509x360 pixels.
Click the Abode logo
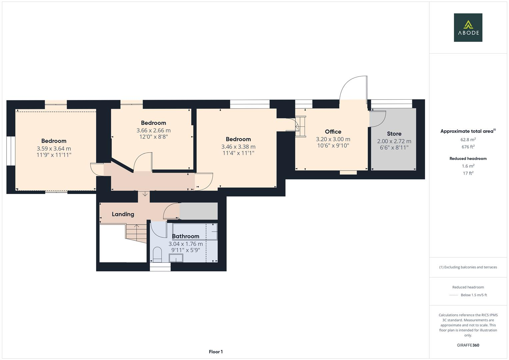coord(468,28)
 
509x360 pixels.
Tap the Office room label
coord(333,132)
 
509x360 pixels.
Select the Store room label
coord(394,134)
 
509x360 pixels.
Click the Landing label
coord(123,214)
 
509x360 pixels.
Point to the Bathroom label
coord(186,236)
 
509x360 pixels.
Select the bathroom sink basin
coord(176,258)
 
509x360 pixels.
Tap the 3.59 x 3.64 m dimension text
coord(54,149)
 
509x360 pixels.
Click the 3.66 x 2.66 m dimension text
coord(153,130)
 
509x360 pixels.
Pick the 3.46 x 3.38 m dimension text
coord(238,147)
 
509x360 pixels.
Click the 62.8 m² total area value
coord(468,140)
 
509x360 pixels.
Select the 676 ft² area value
coord(468,147)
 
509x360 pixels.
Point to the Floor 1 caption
coord(216,352)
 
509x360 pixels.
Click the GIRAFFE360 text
coord(468,345)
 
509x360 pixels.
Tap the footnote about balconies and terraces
coord(468,267)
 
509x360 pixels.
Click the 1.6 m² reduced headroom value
coord(468,166)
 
